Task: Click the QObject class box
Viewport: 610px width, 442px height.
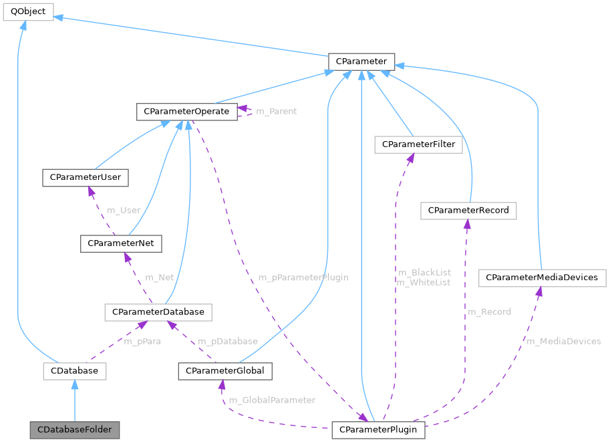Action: (x=27, y=11)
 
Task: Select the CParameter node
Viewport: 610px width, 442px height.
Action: (x=361, y=62)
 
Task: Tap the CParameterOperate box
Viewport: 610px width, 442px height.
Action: (x=186, y=111)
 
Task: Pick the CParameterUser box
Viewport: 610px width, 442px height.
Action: (x=85, y=177)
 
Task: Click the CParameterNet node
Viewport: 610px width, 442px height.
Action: (x=120, y=243)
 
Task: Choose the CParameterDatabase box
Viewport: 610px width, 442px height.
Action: (x=158, y=312)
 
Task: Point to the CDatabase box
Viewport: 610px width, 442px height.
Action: (x=74, y=370)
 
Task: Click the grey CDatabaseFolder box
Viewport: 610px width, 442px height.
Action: (x=74, y=428)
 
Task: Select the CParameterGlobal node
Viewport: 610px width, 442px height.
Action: (x=224, y=370)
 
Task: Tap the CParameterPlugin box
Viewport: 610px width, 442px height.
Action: (x=378, y=428)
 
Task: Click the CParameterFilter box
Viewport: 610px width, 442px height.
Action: (x=418, y=144)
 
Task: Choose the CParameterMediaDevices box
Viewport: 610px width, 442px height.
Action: (x=542, y=277)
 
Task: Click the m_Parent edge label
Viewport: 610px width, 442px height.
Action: (x=277, y=111)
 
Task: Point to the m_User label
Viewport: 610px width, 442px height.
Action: (x=124, y=210)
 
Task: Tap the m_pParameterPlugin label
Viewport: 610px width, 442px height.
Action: (x=303, y=277)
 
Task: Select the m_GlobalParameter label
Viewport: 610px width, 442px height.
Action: (x=272, y=400)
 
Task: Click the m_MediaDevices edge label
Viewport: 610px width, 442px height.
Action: (x=563, y=341)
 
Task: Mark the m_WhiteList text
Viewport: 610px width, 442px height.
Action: (x=424, y=282)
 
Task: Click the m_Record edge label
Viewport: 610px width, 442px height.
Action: (x=489, y=312)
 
